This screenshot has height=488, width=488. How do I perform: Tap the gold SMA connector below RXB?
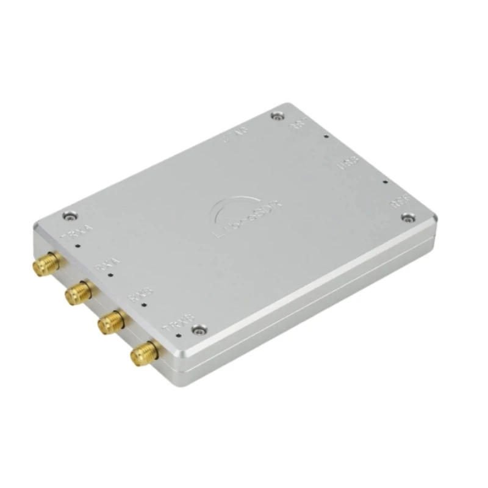111,321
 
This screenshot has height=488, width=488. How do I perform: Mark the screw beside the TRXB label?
198,329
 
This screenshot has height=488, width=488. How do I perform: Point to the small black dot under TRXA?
78,246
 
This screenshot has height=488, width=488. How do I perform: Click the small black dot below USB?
385,181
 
